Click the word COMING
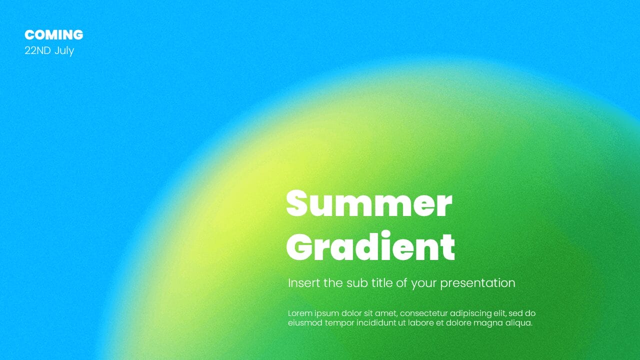(x=53, y=35)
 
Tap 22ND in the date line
(x=37, y=50)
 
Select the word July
(x=64, y=51)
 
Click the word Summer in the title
(x=369, y=203)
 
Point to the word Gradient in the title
(x=370, y=246)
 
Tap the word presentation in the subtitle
(x=477, y=283)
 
